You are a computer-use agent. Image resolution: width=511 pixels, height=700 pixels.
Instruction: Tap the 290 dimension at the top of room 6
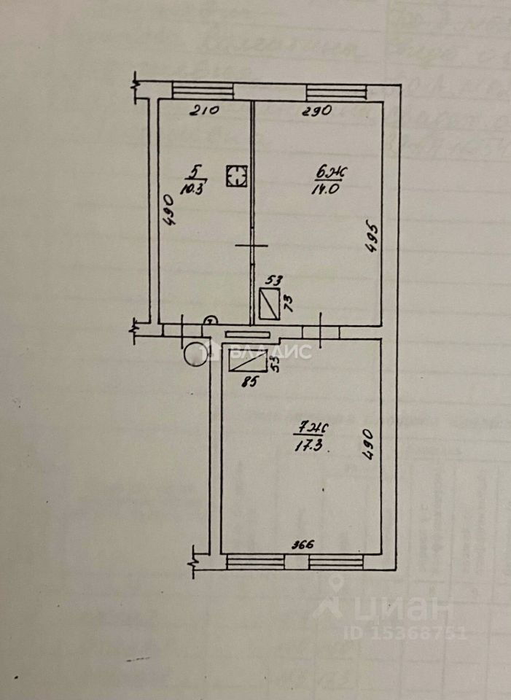point(317,112)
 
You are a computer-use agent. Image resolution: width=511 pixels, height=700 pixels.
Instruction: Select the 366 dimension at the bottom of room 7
point(304,544)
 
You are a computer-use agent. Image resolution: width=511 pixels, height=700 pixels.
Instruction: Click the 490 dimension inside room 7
point(369,443)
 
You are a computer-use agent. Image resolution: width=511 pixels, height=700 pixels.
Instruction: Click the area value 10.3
point(193,185)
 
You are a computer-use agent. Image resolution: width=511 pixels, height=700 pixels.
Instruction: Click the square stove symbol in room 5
point(236,176)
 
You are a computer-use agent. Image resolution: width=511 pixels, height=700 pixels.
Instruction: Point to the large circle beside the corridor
point(196,353)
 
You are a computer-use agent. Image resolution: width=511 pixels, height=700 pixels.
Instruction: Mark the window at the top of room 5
point(203,91)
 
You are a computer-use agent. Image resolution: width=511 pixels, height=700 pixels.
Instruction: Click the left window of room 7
point(254,561)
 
